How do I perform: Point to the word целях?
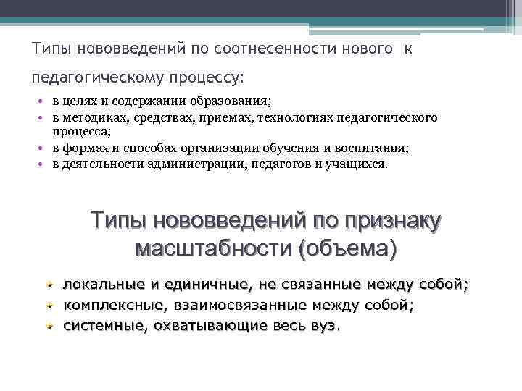tap(79, 102)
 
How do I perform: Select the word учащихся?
tap(360, 164)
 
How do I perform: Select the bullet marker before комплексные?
tap(49, 306)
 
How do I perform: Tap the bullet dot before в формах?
tap(44, 148)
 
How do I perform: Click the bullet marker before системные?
tap(49, 327)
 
